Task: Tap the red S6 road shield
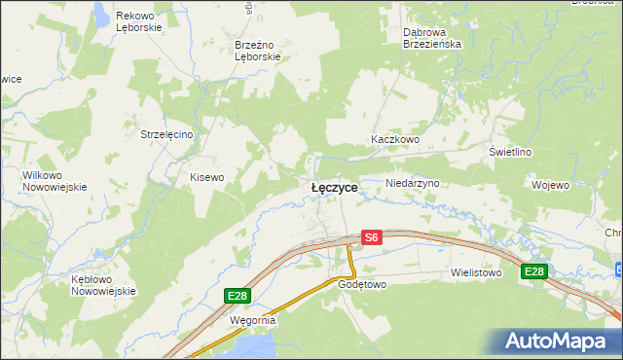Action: click(x=371, y=236)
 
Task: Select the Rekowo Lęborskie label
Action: click(x=136, y=22)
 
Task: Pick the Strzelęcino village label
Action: click(x=168, y=134)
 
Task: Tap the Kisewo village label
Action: click(x=206, y=177)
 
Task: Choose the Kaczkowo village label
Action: click(x=394, y=140)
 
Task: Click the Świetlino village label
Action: click(x=510, y=153)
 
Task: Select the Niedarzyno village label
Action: click(x=414, y=183)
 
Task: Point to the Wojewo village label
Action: click(x=550, y=184)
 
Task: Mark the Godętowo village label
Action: click(x=362, y=285)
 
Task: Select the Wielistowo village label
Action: click(x=476, y=273)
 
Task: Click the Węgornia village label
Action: click(x=253, y=319)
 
